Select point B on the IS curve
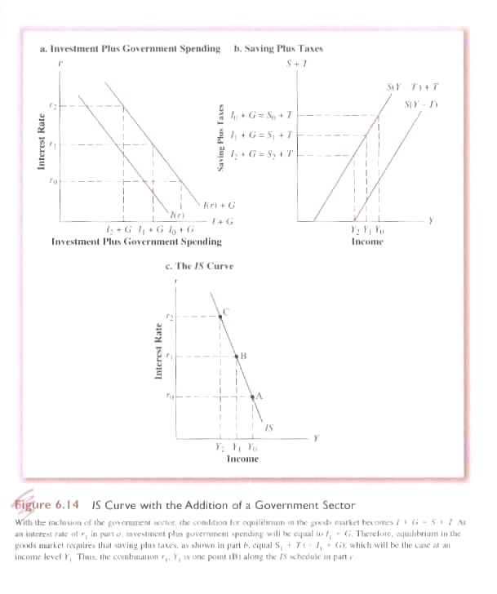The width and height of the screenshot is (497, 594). [236, 357]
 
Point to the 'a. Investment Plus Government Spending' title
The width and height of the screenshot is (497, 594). [130, 49]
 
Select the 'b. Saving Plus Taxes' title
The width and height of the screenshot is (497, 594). [278, 49]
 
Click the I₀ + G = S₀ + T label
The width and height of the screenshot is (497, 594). [262, 116]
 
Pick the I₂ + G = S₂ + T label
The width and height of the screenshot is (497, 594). [262, 153]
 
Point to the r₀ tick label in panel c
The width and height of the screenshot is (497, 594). [171, 397]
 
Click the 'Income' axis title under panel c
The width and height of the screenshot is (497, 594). [242, 459]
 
